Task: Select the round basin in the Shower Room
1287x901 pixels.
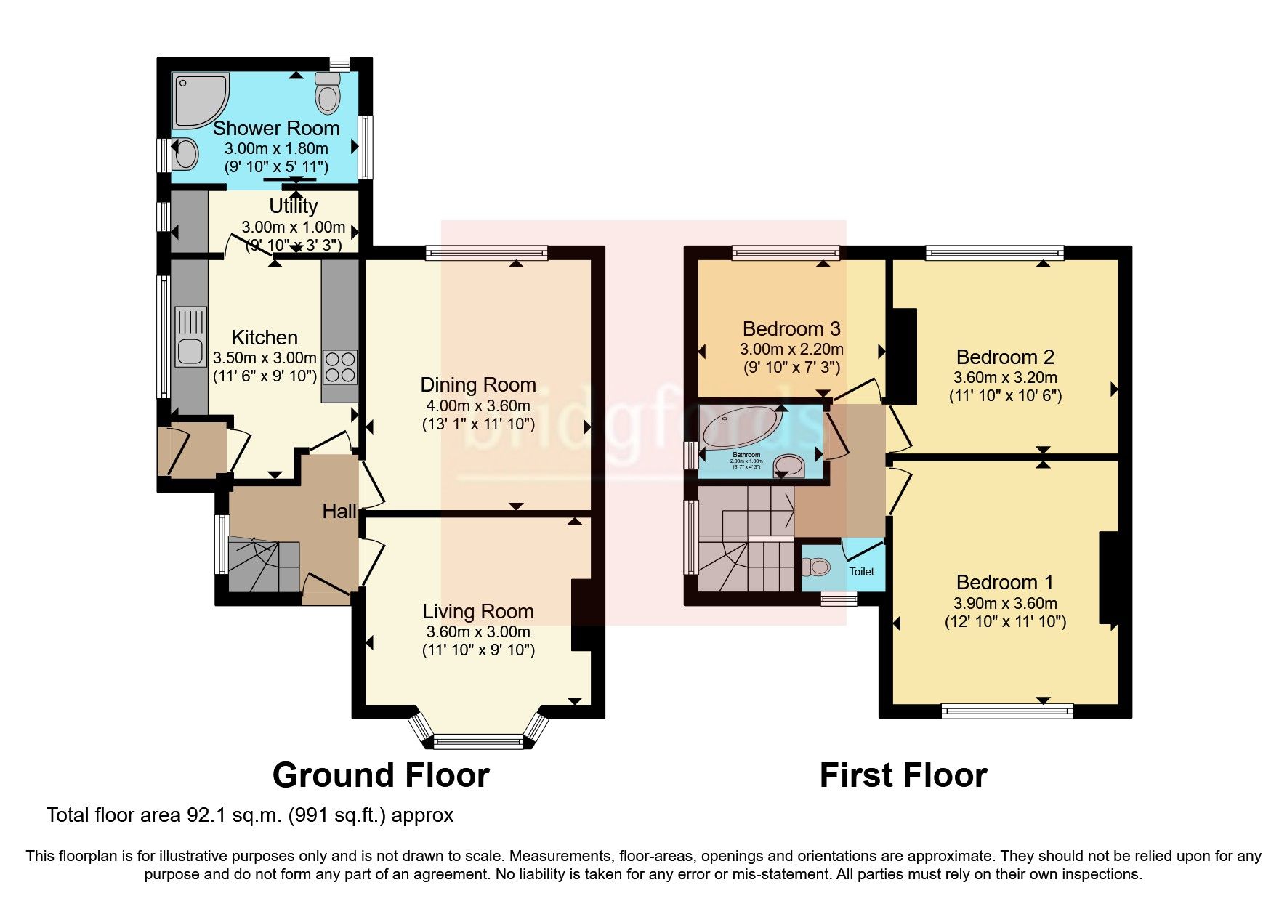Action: click(187, 154)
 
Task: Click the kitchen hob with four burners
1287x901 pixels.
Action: click(340, 366)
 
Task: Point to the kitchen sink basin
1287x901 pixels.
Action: click(190, 352)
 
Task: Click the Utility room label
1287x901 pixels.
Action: click(293, 206)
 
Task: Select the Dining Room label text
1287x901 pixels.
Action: click(478, 385)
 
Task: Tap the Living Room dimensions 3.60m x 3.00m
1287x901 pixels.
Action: click(478, 631)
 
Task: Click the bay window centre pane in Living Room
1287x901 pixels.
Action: click(477, 741)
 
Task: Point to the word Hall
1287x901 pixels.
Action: click(339, 512)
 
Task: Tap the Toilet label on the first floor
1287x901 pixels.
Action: click(862, 572)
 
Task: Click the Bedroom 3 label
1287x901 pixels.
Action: click(791, 329)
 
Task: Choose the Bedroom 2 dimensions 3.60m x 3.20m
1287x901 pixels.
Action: click(1005, 378)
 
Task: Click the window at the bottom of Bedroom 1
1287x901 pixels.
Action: click(1006, 711)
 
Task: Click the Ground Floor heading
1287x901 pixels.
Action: click(381, 775)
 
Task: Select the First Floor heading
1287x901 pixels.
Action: click(903, 775)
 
